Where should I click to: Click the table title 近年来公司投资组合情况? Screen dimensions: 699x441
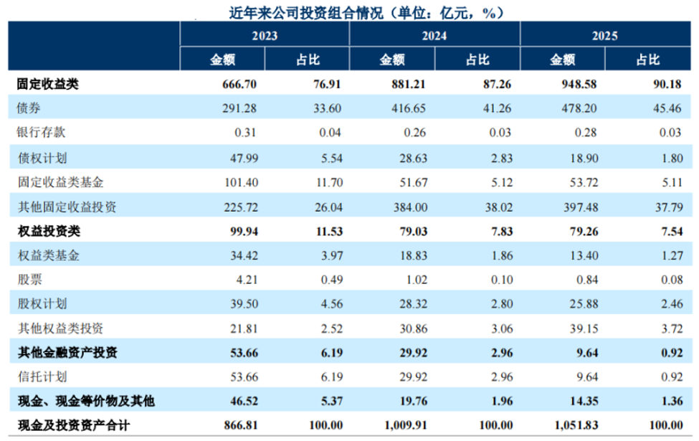pyautogui.click(x=306, y=13)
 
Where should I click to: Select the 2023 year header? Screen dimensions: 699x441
pyautogui.click(x=265, y=36)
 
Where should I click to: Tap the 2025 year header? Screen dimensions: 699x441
pyautogui.click(x=604, y=36)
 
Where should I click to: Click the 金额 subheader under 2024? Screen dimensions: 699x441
pyautogui.click(x=392, y=60)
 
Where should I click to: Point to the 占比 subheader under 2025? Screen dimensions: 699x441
pyautogui.click(x=647, y=60)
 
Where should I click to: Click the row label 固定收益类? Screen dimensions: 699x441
pyautogui.click(x=48, y=84)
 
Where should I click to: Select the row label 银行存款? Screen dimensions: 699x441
pyautogui.click(x=41, y=132)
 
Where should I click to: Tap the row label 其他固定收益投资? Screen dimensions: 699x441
pyautogui.click(x=67, y=207)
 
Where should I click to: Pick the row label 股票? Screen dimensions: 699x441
pyautogui.click(x=29, y=280)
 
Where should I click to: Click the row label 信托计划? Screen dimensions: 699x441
pyautogui.click(x=42, y=376)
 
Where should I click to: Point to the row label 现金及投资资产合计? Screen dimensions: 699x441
pyautogui.click(x=74, y=425)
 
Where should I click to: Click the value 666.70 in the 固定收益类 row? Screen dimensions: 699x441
pyautogui.click(x=239, y=85)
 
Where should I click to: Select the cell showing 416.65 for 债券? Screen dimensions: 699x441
pyautogui.click(x=409, y=108)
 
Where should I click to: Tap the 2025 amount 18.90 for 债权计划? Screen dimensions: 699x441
pyautogui.click(x=584, y=158)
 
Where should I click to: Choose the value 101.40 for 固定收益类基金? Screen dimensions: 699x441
pyautogui.click(x=241, y=182)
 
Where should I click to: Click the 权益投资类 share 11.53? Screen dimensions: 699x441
pyautogui.click(x=330, y=232)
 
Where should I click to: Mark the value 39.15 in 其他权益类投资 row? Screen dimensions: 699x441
pyautogui.click(x=584, y=328)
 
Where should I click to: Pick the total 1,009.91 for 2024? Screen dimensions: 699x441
pyautogui.click(x=406, y=425)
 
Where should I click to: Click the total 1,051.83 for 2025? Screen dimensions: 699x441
pyautogui.click(x=576, y=425)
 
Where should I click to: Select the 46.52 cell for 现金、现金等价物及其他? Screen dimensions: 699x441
pyautogui.click(x=244, y=402)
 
